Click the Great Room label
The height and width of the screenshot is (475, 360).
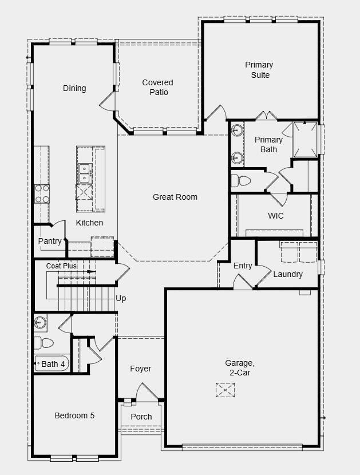pos(175,197)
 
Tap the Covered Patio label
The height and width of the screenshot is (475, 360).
pos(158,87)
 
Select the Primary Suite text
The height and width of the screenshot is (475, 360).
pos(259,70)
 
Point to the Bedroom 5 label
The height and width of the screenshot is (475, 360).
pos(74,415)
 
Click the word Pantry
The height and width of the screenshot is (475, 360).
pos(50,241)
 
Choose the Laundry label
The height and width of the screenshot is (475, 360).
pos(288,274)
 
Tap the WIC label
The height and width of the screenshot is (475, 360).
pos(276,216)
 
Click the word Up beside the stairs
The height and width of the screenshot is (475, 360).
pos(121,299)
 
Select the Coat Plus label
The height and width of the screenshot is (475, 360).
pos(61,266)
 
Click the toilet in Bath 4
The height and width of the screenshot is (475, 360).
pos(43,343)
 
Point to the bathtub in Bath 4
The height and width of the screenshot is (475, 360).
pos(52,363)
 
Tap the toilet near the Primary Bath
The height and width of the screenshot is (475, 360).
pos(241,181)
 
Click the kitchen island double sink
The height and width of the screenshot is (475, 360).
pos(85,173)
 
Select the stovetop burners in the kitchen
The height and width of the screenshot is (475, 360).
pos(42,194)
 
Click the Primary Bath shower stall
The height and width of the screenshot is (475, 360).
pos(305,139)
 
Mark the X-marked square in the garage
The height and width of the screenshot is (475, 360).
pos(225,390)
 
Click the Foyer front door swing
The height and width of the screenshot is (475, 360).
pos(147,392)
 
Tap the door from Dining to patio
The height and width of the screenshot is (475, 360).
pos(107,101)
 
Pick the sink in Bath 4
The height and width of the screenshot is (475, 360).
pos(40,322)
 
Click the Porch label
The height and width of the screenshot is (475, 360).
pos(141,417)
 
